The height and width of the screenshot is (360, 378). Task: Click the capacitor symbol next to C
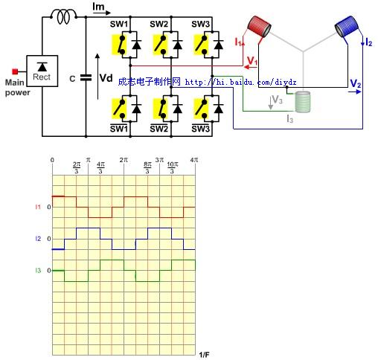coord(87,77)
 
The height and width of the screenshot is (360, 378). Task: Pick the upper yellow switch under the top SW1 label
coord(121,46)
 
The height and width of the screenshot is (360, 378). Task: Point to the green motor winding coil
coord(303,102)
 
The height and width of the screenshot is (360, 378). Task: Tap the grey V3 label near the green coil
coord(276,98)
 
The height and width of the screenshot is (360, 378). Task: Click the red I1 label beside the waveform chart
coord(38,206)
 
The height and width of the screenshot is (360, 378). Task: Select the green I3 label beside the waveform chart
coord(38,271)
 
